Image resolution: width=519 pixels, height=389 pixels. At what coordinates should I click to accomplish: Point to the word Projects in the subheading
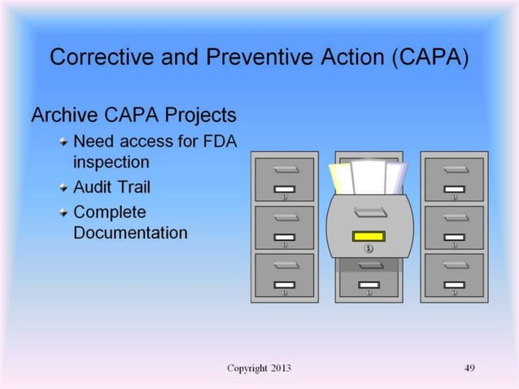pyautogui.click(x=203, y=116)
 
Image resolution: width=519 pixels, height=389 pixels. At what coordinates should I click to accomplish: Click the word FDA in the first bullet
pyautogui.click(x=217, y=142)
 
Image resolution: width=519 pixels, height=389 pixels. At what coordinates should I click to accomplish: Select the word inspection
pyautogui.click(x=111, y=161)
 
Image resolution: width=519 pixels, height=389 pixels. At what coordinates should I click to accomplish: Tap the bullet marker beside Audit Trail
pyautogui.click(x=63, y=188)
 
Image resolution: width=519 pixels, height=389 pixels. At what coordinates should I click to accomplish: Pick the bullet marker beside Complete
pyautogui.click(x=63, y=213)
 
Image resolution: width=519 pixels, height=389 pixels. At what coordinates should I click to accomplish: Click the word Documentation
pyautogui.click(x=130, y=233)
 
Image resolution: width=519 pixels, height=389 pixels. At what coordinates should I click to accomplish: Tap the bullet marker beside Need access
pyautogui.click(x=63, y=142)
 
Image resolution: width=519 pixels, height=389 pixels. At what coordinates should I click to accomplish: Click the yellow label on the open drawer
pyautogui.click(x=369, y=236)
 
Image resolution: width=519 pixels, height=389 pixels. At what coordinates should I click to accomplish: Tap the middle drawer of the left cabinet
pyautogui.click(x=284, y=227)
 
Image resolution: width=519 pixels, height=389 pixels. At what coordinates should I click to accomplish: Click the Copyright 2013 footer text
pyautogui.click(x=259, y=368)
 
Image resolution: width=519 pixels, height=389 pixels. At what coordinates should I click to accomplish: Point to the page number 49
pyautogui.click(x=469, y=368)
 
